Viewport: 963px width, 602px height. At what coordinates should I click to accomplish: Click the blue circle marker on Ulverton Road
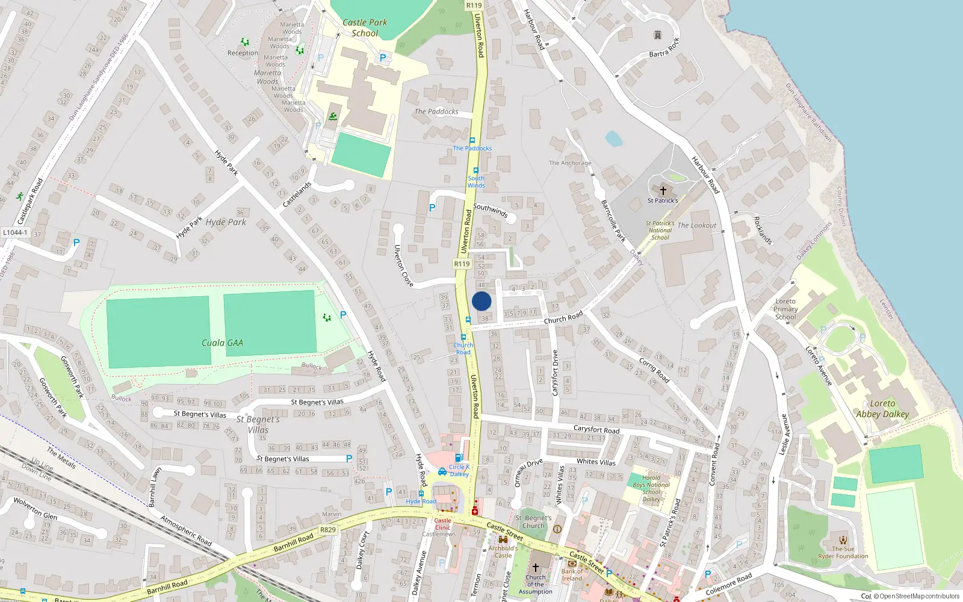pos(482,301)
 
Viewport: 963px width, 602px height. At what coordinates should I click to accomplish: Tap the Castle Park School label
pos(365,28)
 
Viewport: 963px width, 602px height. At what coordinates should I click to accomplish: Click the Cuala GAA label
pos(222,343)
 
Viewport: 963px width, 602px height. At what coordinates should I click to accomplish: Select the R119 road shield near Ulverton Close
pos(462,264)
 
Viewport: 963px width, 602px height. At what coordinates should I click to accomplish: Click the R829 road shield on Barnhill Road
pos(328,530)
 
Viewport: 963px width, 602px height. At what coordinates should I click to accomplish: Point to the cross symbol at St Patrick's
pos(663,190)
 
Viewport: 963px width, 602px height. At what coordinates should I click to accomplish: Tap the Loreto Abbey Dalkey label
pos(882,408)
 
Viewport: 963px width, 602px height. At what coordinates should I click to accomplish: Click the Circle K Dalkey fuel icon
pos(459,458)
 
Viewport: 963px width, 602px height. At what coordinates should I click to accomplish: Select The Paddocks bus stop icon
pos(472,140)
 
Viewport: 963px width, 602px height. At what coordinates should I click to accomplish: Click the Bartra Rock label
pos(664,48)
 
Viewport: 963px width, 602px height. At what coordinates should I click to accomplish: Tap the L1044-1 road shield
pos(15,232)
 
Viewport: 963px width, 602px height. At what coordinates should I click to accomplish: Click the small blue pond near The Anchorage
pos(613,138)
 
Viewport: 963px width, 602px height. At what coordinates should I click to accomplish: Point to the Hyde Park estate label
pos(226,222)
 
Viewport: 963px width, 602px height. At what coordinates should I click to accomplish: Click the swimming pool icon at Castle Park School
pos(333,116)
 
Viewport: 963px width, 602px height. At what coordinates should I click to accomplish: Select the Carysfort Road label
pos(596,429)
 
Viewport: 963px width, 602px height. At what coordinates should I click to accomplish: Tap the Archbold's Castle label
pos(503,551)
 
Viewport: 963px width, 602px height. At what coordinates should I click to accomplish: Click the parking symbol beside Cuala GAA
pos(343,315)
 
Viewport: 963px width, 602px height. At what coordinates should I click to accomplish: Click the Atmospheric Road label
pos(186,530)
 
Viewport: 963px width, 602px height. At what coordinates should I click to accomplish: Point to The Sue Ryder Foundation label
pos(843,552)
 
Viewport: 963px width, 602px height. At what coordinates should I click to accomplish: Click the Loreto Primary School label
pos(785,309)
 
